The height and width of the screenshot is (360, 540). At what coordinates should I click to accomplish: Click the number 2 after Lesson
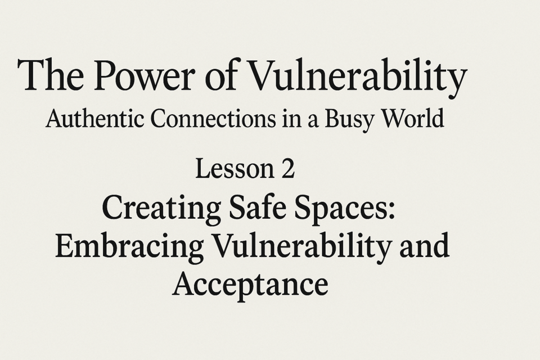(288, 169)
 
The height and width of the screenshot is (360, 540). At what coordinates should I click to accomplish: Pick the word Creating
(161, 209)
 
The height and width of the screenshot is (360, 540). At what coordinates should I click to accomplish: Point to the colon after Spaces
(390, 210)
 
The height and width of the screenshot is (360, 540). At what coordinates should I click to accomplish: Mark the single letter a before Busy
(313, 121)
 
